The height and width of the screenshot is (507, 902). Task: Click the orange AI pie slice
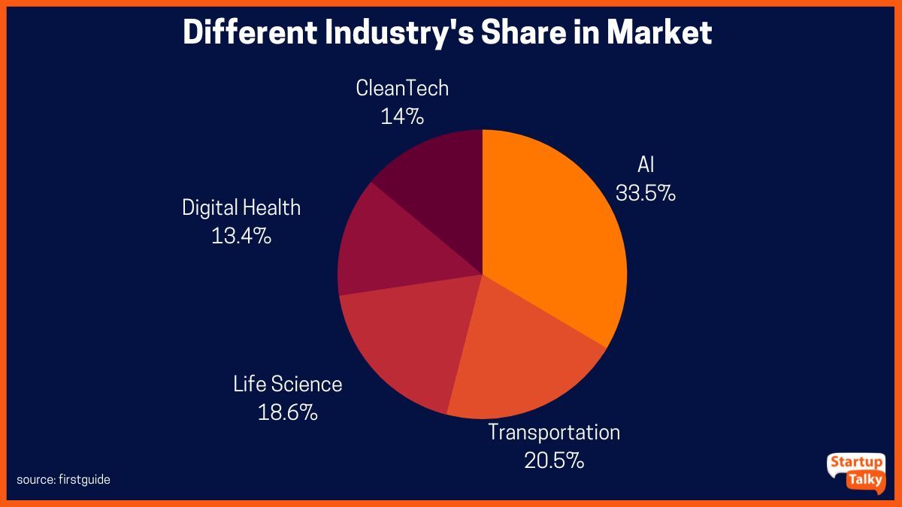(556, 233)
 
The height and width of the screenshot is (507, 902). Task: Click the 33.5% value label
(646, 193)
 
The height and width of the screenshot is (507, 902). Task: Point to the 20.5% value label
(554, 460)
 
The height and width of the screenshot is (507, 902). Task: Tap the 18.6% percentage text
(287, 412)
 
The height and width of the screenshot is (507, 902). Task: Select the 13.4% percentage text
(241, 236)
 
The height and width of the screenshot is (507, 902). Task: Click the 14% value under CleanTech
(402, 116)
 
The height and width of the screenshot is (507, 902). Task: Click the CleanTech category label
(402, 89)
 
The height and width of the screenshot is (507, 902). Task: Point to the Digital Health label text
(241, 207)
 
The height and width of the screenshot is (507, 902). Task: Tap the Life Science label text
(287, 385)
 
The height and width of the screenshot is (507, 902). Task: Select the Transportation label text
(554, 433)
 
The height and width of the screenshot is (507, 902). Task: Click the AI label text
(646, 165)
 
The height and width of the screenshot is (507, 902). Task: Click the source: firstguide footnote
(63, 479)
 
